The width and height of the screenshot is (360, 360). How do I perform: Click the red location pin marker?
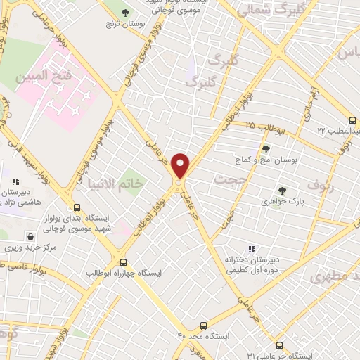(x=181, y=166)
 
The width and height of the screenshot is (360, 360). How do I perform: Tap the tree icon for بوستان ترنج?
(x=125, y=13)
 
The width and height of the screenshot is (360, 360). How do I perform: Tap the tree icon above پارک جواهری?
(x=283, y=190)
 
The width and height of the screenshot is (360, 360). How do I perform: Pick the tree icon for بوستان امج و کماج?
(x=266, y=149)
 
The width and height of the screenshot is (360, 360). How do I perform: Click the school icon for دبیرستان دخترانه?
(x=252, y=249)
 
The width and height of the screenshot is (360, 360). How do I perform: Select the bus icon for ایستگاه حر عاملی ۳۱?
(x=280, y=345)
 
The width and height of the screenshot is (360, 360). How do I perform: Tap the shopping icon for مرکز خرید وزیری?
(x=30, y=236)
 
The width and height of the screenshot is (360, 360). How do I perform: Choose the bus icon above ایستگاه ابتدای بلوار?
(x=77, y=207)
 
